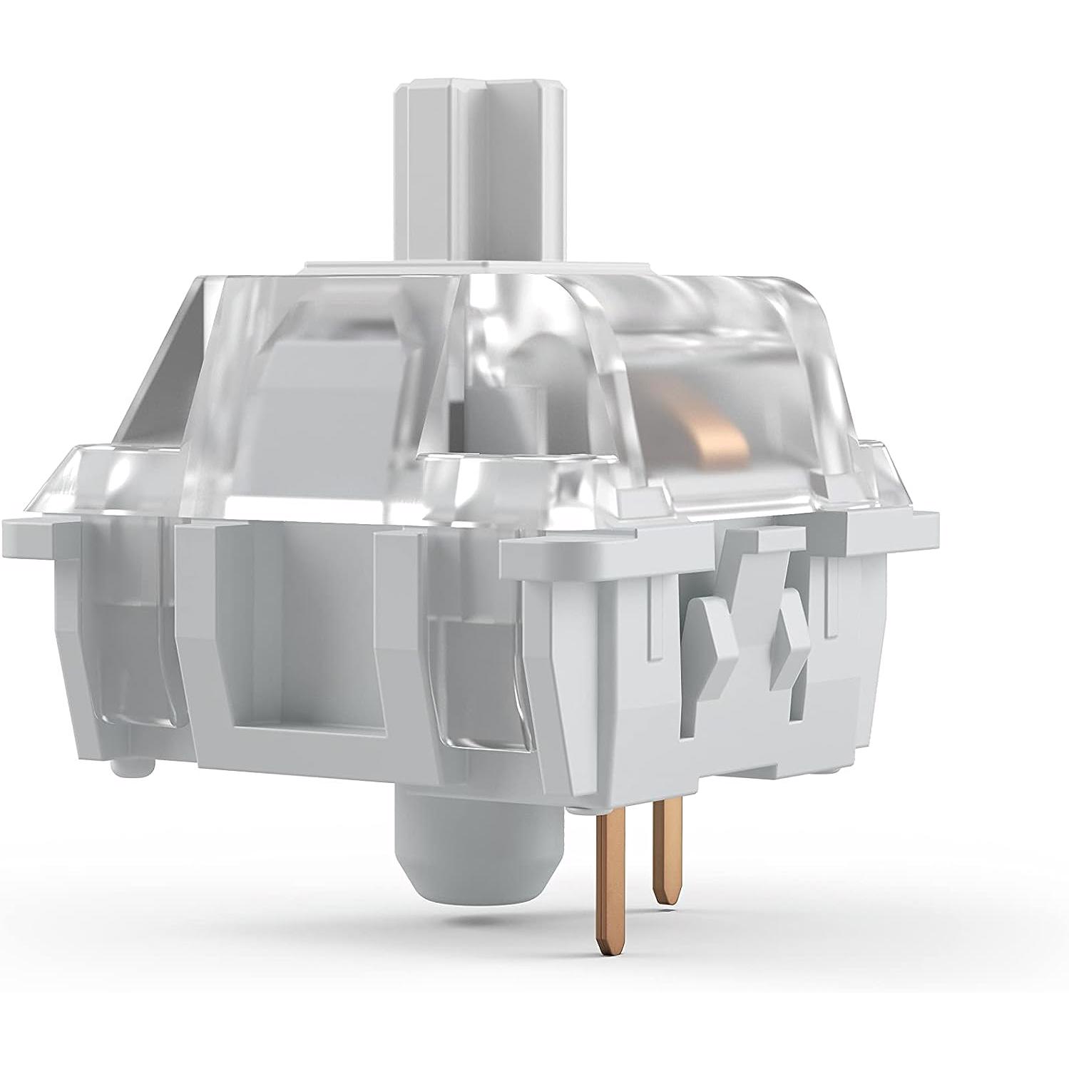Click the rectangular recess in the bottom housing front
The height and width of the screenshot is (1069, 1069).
pos(314,642)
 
